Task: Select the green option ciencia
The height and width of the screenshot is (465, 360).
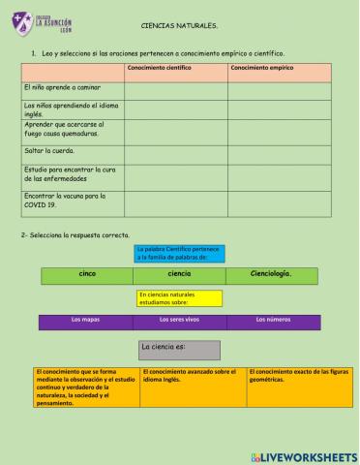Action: click(x=179, y=275)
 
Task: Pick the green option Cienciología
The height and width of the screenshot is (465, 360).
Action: click(x=272, y=275)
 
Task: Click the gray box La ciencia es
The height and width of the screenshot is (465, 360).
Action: click(x=179, y=349)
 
